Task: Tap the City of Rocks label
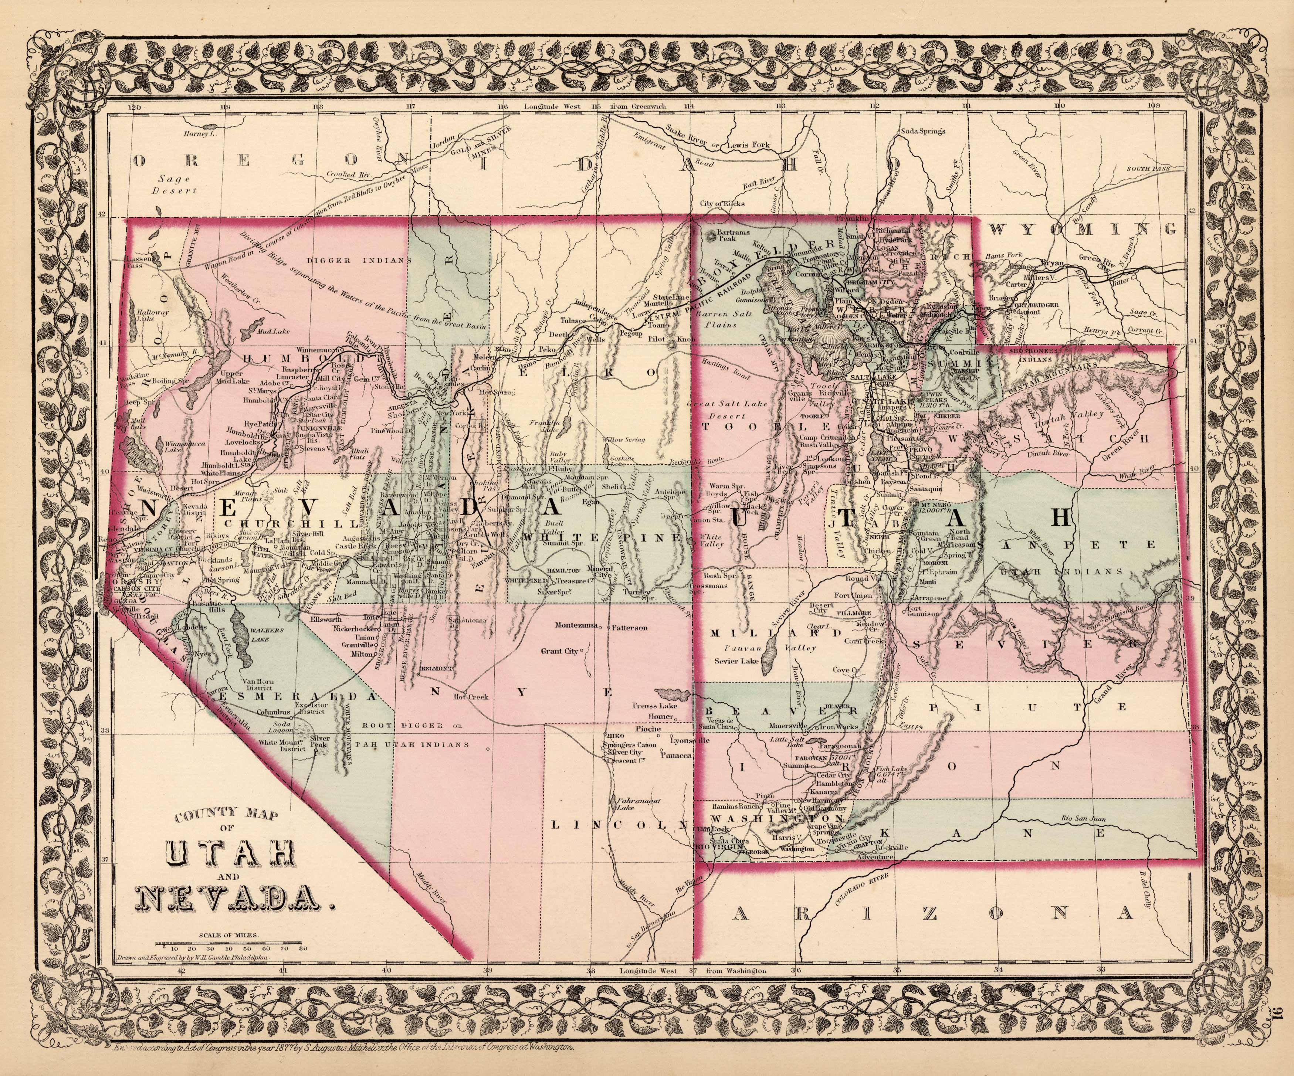click(722, 203)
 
